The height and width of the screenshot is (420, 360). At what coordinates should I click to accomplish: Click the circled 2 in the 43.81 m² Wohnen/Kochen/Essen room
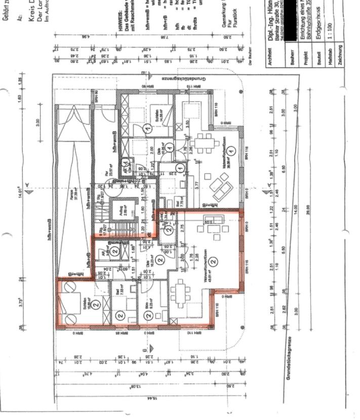click(x=214, y=262)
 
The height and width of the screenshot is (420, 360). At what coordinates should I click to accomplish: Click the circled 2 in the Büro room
click(x=148, y=315)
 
